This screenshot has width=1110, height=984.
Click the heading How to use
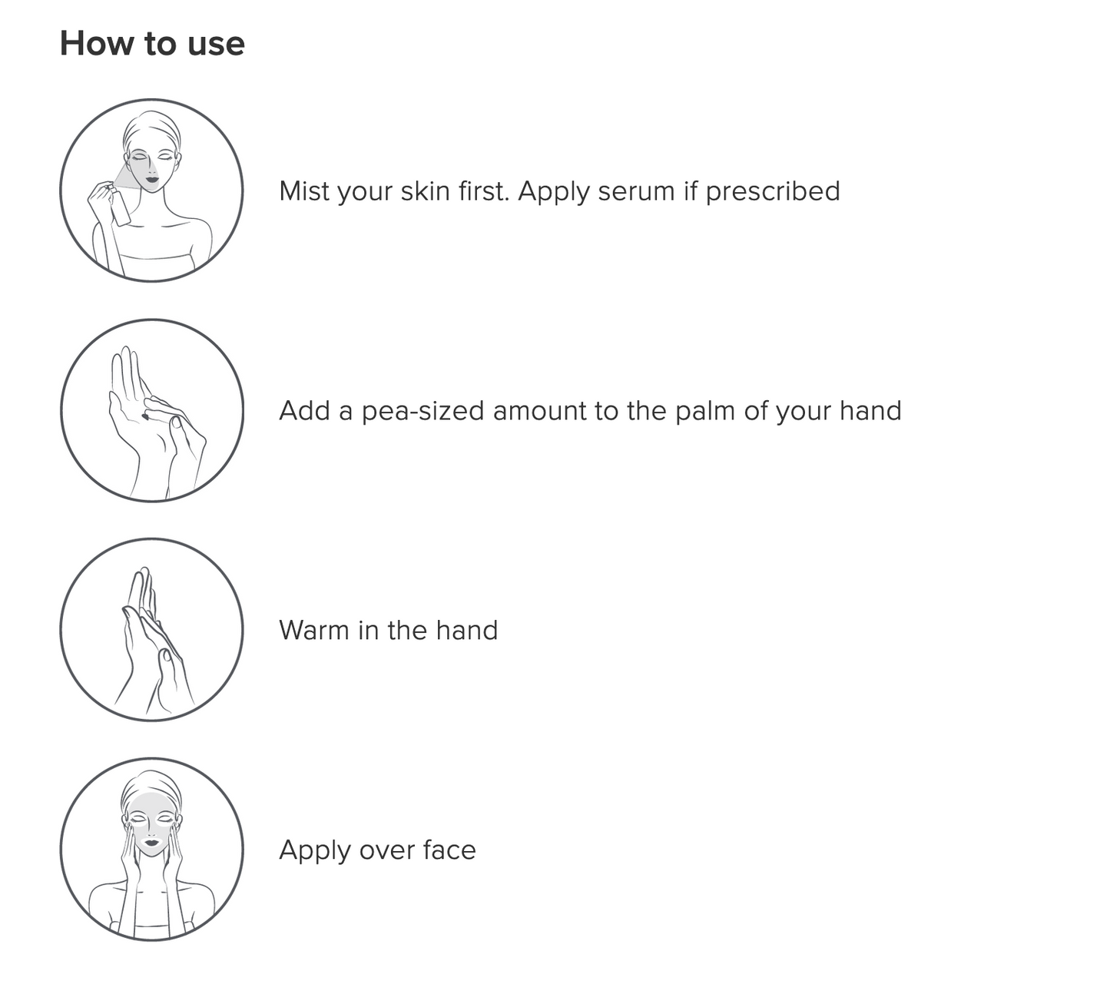pyautogui.click(x=152, y=43)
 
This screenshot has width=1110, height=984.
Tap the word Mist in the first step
pyautogui.click(x=304, y=191)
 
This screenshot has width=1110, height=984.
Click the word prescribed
pyautogui.click(x=773, y=192)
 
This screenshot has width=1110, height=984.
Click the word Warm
pyautogui.click(x=314, y=630)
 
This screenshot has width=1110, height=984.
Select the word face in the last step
pyautogui.click(x=453, y=850)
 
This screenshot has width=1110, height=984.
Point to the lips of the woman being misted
pyautogui.click(x=152, y=179)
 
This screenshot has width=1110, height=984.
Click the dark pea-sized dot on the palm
pyautogui.click(x=145, y=417)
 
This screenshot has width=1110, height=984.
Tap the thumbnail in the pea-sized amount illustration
pyautogui.click(x=177, y=422)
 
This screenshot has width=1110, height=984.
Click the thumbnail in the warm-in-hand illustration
pyautogui.click(x=166, y=654)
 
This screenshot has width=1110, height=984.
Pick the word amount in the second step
pyautogui.click(x=540, y=412)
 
